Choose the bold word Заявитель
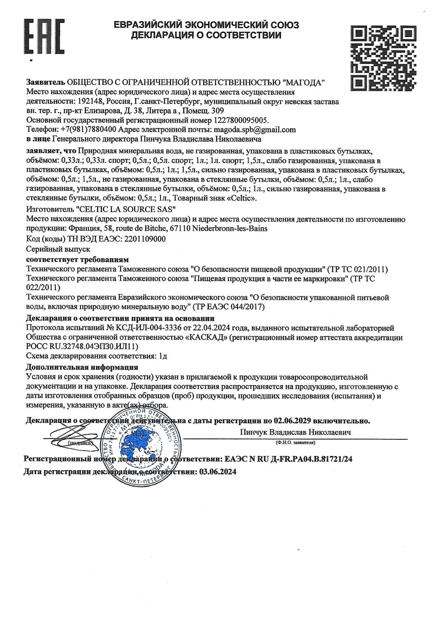(x=45, y=82)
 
